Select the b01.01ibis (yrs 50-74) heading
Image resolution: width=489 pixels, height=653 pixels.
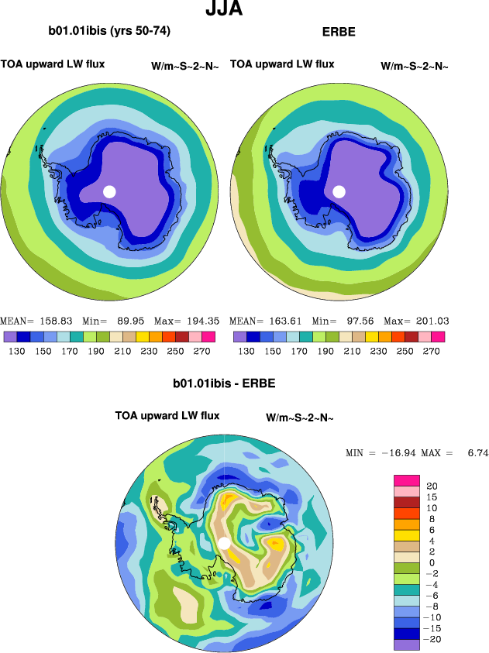pyautogui.click(x=109, y=31)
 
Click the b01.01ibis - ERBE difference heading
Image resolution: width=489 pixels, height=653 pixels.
pyautogui.click(x=224, y=383)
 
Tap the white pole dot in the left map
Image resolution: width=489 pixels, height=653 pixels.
pyautogui.click(x=109, y=191)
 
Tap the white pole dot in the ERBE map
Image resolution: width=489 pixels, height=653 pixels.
pyautogui.click(x=339, y=191)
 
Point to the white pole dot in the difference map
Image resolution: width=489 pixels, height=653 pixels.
pyautogui.click(x=224, y=544)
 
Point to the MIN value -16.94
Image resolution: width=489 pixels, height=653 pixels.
pyautogui.click(x=395, y=452)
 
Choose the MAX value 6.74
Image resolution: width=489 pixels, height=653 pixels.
pyautogui.click(x=479, y=452)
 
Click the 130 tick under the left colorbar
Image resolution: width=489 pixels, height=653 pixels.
pyautogui.click(x=17, y=351)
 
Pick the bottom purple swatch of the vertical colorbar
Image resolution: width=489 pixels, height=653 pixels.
pyautogui.click(x=406, y=644)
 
